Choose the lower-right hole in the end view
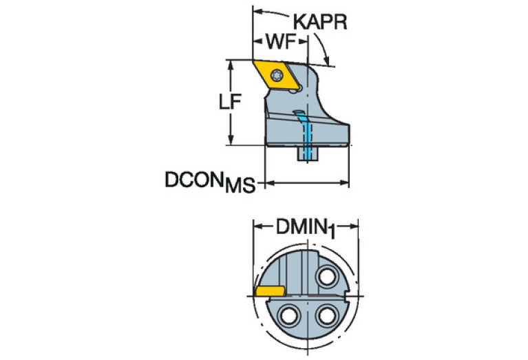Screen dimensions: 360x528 point(325,317)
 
